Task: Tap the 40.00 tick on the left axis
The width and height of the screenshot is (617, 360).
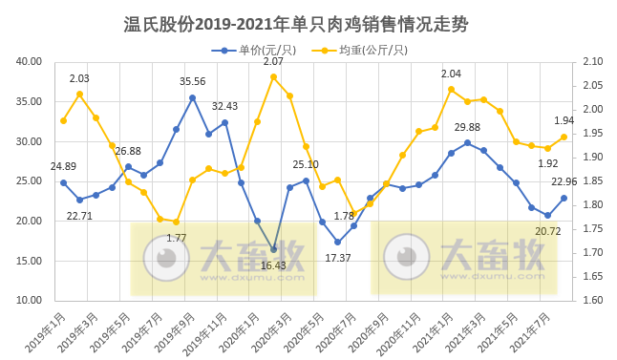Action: click(x=30, y=62)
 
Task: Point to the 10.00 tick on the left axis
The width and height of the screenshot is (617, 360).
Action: click(x=30, y=301)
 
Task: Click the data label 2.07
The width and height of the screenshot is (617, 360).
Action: click(x=274, y=61)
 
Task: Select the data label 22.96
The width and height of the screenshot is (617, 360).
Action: click(x=565, y=182)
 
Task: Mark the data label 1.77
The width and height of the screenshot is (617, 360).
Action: click(x=176, y=238)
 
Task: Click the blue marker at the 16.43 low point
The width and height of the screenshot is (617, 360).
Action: click(x=274, y=249)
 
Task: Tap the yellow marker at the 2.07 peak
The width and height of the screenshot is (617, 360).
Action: click(x=274, y=76)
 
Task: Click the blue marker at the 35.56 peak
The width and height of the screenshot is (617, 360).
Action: click(x=192, y=97)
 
